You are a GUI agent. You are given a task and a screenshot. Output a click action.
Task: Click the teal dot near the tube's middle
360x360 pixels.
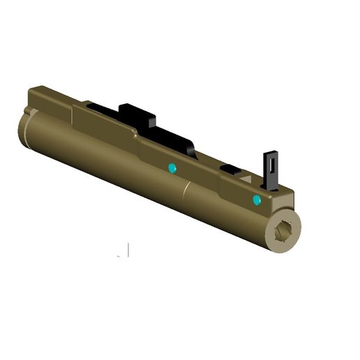coord(172,168)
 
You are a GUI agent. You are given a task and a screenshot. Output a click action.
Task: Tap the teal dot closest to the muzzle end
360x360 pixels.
coord(257,200)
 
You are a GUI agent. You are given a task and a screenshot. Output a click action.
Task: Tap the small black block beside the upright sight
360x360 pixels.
coord(229,168)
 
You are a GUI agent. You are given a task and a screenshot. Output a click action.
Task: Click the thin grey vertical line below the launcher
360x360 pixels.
coord(128,250)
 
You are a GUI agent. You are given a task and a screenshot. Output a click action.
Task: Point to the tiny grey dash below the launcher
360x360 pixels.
coord(119,256)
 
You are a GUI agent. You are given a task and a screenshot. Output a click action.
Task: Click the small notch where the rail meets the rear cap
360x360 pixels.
coord(28,112)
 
